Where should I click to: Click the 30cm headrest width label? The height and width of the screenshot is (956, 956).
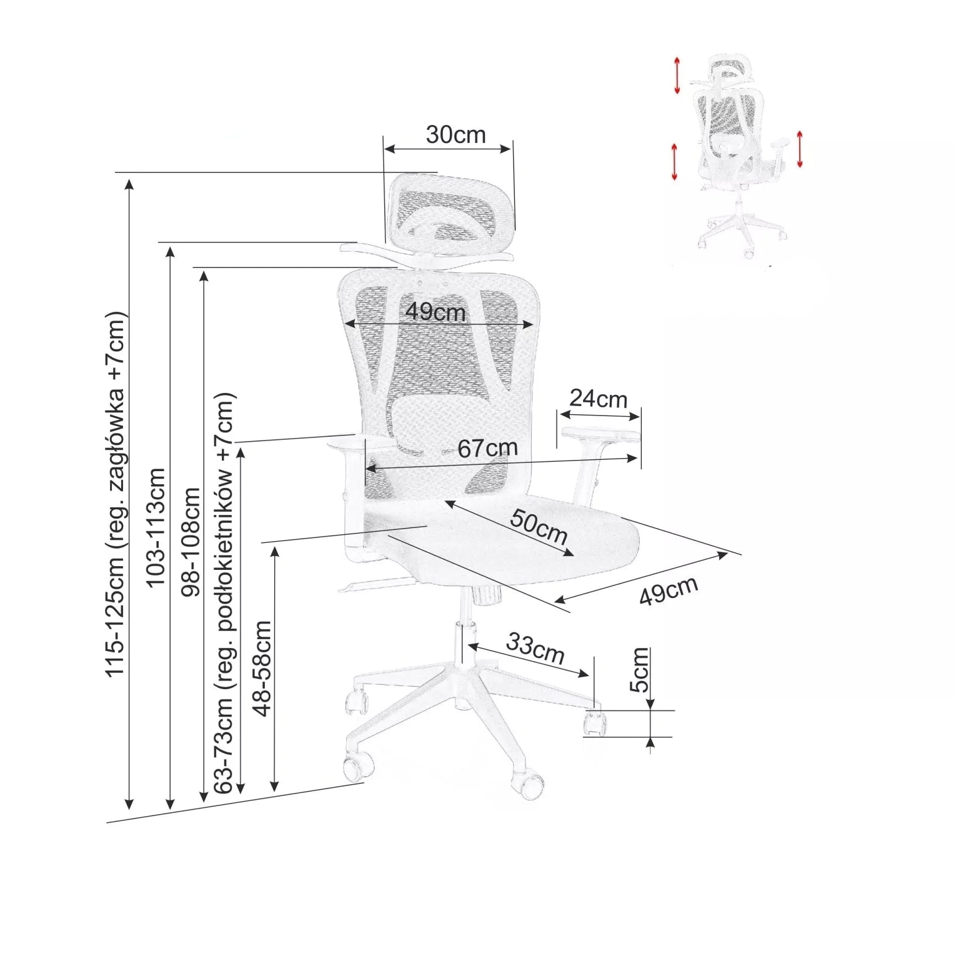456,135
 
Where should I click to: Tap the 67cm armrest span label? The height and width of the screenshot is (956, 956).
487,448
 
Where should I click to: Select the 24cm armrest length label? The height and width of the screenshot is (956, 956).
598,399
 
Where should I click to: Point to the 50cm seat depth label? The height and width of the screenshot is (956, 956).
539,526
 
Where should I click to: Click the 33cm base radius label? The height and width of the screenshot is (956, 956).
535,648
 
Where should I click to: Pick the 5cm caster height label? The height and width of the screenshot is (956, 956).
639,670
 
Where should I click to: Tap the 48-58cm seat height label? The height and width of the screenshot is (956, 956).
261,669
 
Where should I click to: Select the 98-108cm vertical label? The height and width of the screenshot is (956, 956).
191,542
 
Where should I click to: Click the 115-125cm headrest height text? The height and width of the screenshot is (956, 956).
116,494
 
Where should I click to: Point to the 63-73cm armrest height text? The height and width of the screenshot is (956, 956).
224,594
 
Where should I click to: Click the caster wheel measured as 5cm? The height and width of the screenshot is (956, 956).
594,723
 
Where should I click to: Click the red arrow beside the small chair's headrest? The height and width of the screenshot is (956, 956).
677,76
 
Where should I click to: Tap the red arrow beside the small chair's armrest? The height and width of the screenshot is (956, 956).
799,149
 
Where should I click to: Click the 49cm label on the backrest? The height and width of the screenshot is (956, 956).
436,311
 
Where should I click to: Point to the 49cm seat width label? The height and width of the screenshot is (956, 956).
668,590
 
